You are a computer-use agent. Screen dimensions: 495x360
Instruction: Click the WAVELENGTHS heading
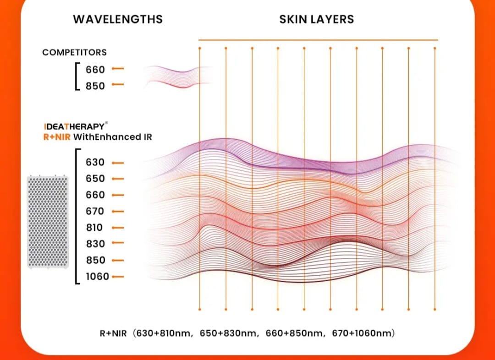118,19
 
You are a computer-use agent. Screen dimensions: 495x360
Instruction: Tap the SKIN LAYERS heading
317,19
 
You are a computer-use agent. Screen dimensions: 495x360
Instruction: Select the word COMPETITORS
75,52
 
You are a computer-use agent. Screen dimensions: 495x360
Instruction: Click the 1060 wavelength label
98,276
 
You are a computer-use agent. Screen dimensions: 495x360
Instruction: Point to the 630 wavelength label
95,162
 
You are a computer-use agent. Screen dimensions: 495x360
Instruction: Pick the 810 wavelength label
94,228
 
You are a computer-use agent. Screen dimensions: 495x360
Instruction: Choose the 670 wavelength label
95,211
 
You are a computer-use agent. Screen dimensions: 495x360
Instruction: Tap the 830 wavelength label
95,244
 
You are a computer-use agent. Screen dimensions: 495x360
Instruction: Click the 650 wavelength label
95,179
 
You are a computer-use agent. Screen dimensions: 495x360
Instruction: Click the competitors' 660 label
95,69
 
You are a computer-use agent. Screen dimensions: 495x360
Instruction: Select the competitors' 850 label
95,86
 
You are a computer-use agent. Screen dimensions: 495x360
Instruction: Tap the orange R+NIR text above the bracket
57,137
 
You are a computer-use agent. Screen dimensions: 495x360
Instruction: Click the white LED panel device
48,222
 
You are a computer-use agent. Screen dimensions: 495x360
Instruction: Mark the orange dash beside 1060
118,277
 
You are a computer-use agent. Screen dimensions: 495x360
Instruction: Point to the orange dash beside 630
118,163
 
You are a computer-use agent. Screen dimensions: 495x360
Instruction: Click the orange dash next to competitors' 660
118,68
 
